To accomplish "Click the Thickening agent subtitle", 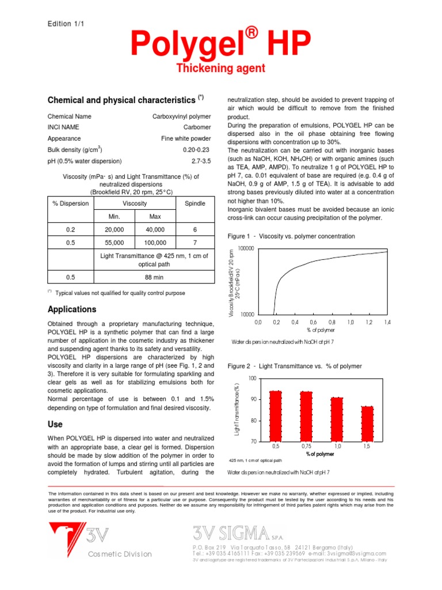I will [220, 69].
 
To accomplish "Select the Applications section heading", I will [72, 309].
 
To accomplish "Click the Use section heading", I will [55, 424].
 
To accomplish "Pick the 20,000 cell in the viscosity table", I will [114, 229].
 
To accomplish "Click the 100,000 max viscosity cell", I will [155, 243].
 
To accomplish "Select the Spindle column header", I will [195, 203].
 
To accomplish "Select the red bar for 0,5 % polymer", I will [276, 416].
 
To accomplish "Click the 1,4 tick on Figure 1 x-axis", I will [387, 323].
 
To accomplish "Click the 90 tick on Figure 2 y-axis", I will [252, 399].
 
